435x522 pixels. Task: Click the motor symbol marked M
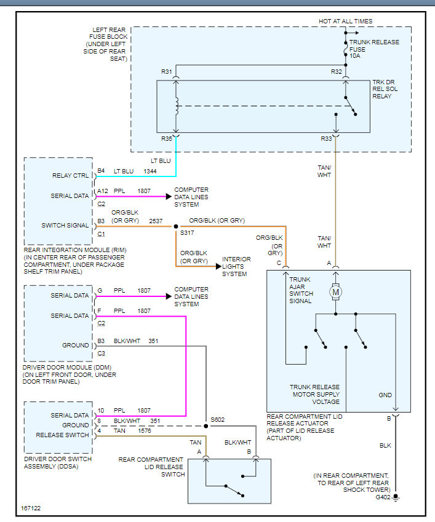click(336, 291)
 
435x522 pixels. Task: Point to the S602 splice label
click(218, 420)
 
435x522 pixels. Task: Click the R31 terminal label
click(167, 72)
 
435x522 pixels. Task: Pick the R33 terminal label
click(326, 139)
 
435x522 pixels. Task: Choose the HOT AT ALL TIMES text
click(345, 22)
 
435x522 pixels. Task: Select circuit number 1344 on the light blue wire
click(150, 171)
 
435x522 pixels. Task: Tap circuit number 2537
click(156, 221)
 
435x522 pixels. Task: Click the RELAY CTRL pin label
click(72, 176)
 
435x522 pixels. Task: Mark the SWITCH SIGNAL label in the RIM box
click(65, 226)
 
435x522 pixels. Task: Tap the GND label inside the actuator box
click(385, 395)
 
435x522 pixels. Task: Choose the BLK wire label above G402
click(385, 445)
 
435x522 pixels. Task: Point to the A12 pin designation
click(103, 191)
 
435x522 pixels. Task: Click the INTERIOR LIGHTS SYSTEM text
click(236, 266)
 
